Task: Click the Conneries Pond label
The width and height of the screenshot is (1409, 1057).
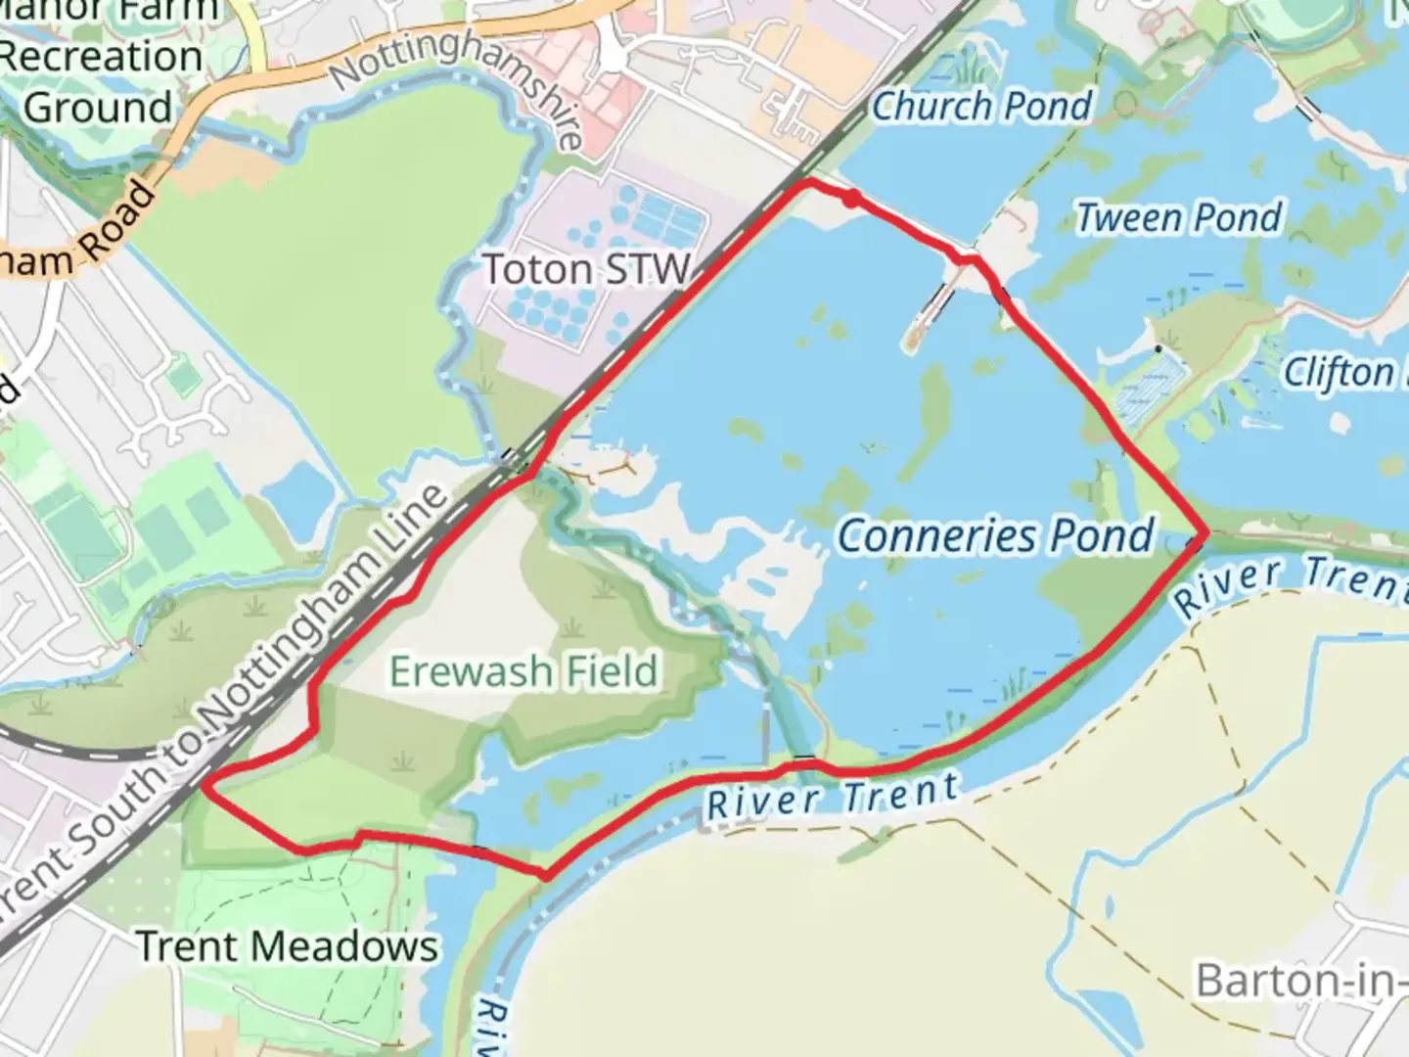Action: pyautogui.click(x=996, y=536)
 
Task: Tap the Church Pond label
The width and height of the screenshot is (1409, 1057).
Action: pyautogui.click(x=981, y=106)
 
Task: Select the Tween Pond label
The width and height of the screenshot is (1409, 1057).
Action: pyautogui.click(x=1179, y=217)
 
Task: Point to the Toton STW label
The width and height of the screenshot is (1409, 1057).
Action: pyautogui.click(x=587, y=269)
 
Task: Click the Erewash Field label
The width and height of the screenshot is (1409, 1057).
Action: pyautogui.click(x=523, y=671)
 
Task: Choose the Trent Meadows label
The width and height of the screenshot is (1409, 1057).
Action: pyautogui.click(x=287, y=946)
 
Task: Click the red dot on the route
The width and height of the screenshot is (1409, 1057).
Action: pyautogui.click(x=852, y=199)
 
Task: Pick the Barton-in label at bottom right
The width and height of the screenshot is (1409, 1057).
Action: pyautogui.click(x=1301, y=980)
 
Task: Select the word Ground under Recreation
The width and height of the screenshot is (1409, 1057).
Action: pyautogui.click(x=98, y=107)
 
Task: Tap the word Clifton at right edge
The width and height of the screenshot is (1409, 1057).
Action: pyautogui.click(x=1338, y=373)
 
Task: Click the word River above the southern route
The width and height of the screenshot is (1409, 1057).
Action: pyautogui.click(x=763, y=803)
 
